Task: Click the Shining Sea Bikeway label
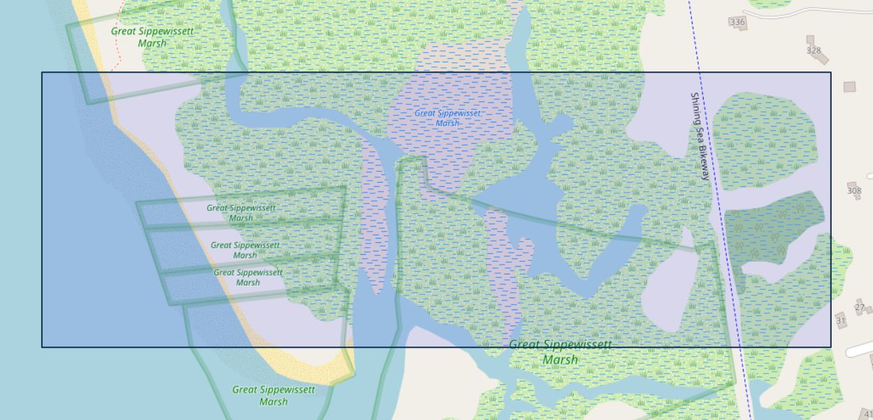(x=700, y=136)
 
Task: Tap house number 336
(x=737, y=22)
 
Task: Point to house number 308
(x=854, y=190)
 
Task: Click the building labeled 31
(x=841, y=321)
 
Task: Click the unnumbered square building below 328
(x=849, y=87)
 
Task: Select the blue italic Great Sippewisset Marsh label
(x=447, y=118)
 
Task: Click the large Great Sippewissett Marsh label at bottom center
(x=560, y=352)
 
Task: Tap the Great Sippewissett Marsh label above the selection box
(x=152, y=37)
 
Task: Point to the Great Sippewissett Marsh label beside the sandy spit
(x=274, y=395)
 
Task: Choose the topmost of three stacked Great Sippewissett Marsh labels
(x=241, y=213)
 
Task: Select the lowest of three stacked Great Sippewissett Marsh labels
(x=248, y=277)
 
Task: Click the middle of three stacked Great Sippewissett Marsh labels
(x=245, y=250)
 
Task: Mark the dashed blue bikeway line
(x=727, y=245)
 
